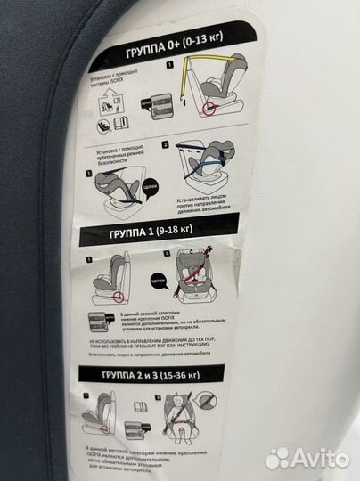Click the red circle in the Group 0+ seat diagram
(210, 109)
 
